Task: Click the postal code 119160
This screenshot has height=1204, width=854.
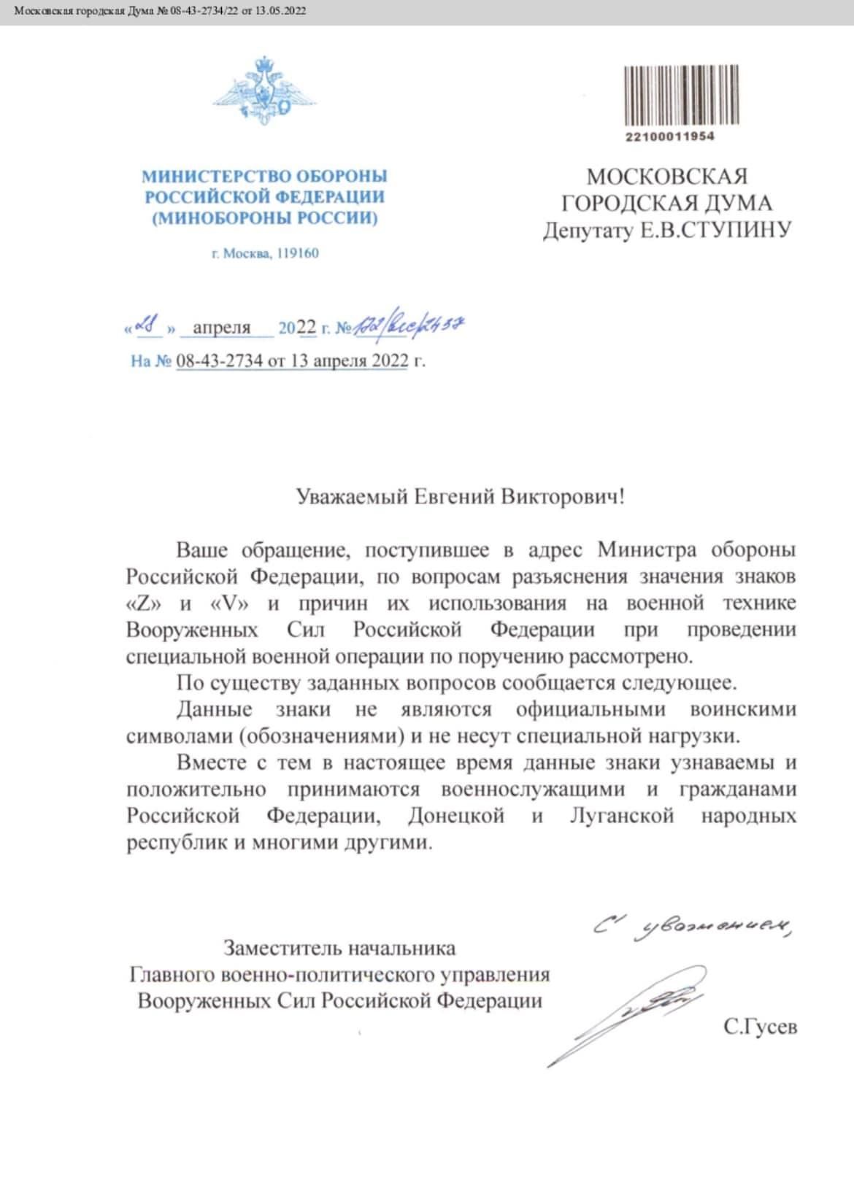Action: pos(297,254)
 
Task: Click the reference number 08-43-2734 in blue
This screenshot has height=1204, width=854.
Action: pos(220,360)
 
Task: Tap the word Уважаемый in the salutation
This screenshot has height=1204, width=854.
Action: pos(352,498)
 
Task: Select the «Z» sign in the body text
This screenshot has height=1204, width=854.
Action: pos(145,603)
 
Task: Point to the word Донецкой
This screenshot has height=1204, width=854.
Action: pos(456,816)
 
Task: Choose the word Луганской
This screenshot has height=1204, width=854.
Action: pos(621,816)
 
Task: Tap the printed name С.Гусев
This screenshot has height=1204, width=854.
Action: pos(761,1027)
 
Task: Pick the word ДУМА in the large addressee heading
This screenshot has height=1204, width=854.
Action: pos(731,204)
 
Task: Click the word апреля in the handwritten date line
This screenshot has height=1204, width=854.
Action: pos(222,328)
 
